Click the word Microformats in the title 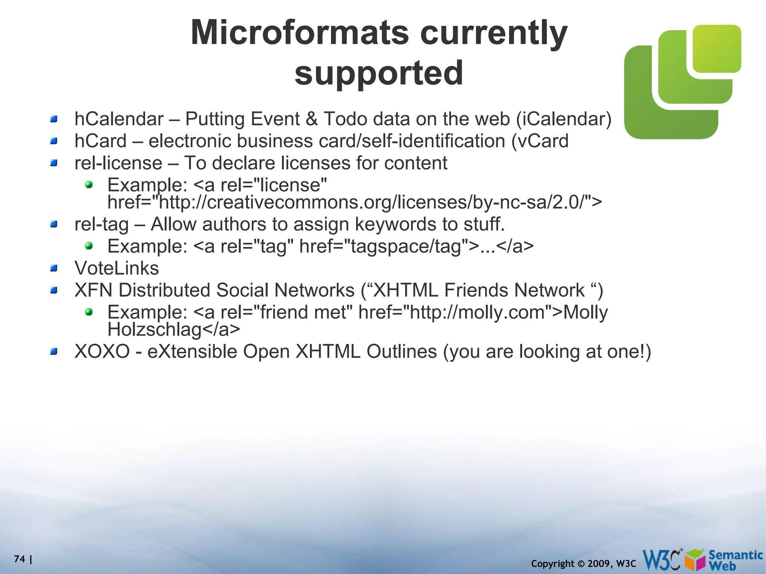(299, 33)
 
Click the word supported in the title (379, 73)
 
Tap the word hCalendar (119, 119)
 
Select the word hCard (100, 141)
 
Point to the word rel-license (118, 163)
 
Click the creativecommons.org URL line (354, 202)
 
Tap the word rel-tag (101, 224)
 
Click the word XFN (94, 291)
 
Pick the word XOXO (102, 352)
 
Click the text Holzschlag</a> (174, 329)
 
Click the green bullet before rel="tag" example (89, 246)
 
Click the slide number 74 (19, 559)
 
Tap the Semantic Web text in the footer (735, 560)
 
